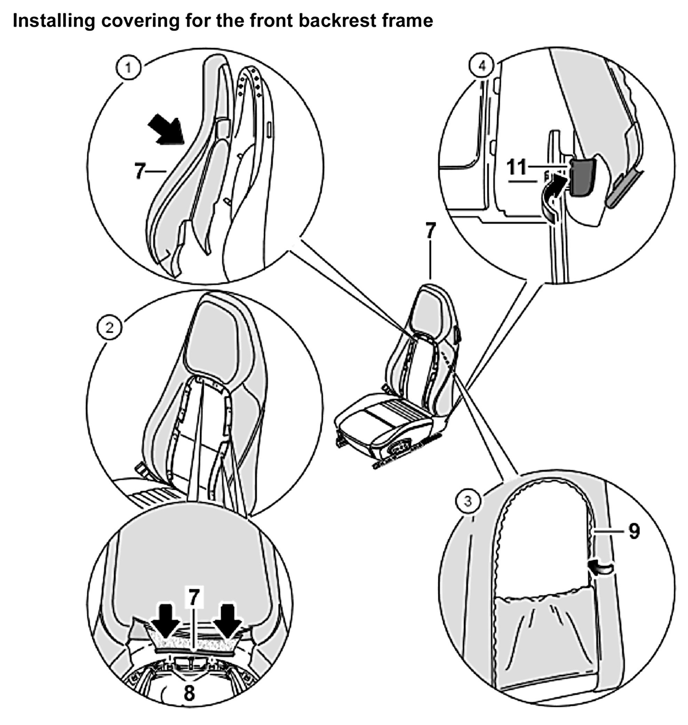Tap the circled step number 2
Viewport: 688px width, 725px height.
[110, 327]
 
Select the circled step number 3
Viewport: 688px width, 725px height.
[467, 501]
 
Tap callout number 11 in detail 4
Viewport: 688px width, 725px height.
[517, 167]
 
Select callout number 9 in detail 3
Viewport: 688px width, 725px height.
[634, 531]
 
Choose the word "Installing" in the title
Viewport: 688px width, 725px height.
[54, 21]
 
